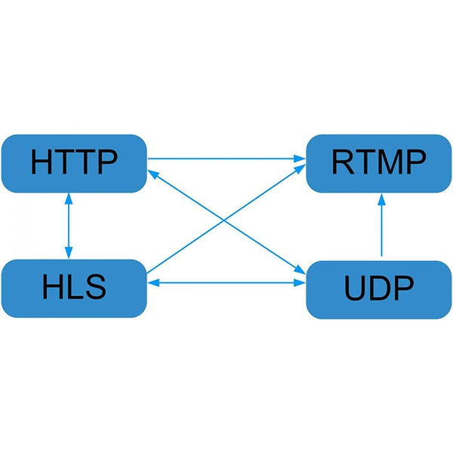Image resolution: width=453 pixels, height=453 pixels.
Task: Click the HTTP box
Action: (x=74, y=164)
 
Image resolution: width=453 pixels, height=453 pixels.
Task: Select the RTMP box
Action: (x=379, y=164)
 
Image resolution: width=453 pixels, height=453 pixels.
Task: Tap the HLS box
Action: (x=74, y=288)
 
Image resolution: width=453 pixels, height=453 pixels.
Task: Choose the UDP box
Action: (x=379, y=290)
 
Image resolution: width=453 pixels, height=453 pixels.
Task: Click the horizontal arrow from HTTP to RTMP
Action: (x=226, y=159)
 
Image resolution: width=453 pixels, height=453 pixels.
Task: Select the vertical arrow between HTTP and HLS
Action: (x=69, y=226)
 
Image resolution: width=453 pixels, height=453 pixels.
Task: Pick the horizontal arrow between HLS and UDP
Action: (x=226, y=283)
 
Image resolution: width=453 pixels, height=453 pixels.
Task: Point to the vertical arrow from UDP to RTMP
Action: (x=381, y=225)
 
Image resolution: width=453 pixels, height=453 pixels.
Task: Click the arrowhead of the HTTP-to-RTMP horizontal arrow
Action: (x=300, y=159)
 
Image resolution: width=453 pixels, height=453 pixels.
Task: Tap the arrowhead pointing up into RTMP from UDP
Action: (x=381, y=199)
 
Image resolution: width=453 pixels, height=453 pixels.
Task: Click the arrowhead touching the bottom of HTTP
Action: (x=69, y=199)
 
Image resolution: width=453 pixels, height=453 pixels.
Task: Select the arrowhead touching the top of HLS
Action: (x=69, y=252)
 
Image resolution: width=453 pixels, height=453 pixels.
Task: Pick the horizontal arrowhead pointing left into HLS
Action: (x=153, y=283)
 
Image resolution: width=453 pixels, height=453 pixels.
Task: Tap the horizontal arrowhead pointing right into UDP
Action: (x=300, y=283)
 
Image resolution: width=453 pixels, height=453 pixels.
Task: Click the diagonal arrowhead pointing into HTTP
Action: (x=153, y=174)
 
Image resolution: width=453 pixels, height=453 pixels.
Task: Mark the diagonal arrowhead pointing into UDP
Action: (x=300, y=270)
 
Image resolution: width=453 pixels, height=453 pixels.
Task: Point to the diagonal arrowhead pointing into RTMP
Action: (x=300, y=168)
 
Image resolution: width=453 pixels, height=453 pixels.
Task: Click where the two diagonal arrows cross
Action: (x=224, y=221)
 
